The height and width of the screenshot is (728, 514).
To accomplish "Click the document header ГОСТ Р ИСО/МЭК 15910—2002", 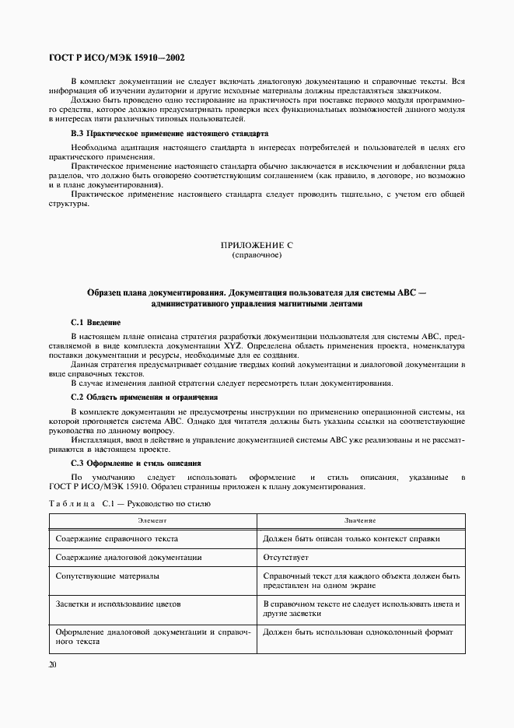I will pyautogui.click(x=117, y=58).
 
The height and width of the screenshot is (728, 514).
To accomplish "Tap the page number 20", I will pyautogui.click(x=52, y=665).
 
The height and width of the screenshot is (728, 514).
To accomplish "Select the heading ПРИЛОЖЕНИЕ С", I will pyautogui.click(x=257, y=245).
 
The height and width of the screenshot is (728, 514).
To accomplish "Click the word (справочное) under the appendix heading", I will pyautogui.click(x=257, y=255).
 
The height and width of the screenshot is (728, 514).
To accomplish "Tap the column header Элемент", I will pyautogui.click(x=152, y=520).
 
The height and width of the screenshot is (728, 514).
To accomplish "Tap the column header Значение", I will pyautogui.click(x=362, y=520).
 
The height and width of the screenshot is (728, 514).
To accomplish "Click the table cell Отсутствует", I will pyautogui.click(x=285, y=557).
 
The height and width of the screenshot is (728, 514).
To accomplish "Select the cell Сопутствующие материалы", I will pyautogui.click(x=108, y=576).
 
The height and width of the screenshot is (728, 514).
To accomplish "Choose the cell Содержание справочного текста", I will pyautogui.click(x=117, y=538).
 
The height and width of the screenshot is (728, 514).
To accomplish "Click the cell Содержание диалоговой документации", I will pyautogui.click(x=129, y=557).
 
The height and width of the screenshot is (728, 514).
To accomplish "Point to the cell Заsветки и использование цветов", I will pyautogui.click(x=118, y=603).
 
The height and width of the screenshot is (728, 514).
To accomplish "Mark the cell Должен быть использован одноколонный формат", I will pyautogui.click(x=358, y=632).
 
